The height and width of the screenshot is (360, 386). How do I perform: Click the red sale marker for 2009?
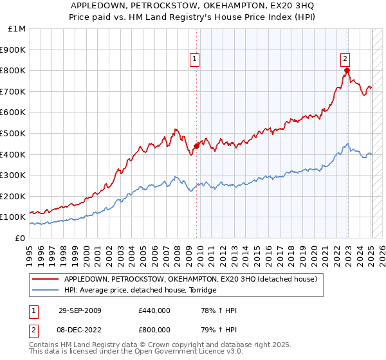point(196,145)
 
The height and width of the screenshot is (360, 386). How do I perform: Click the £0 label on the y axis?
point(20,238)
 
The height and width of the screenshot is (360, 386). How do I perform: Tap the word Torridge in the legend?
point(202,291)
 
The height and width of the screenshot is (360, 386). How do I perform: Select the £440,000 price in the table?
point(154,310)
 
